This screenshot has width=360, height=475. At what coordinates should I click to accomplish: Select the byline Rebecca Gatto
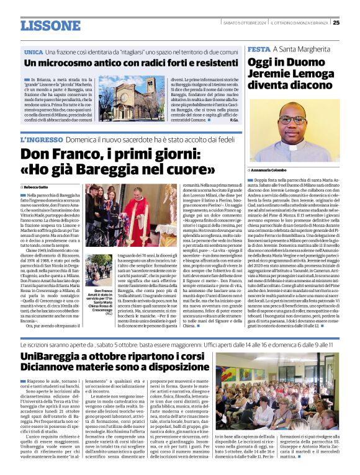point(37,186)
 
